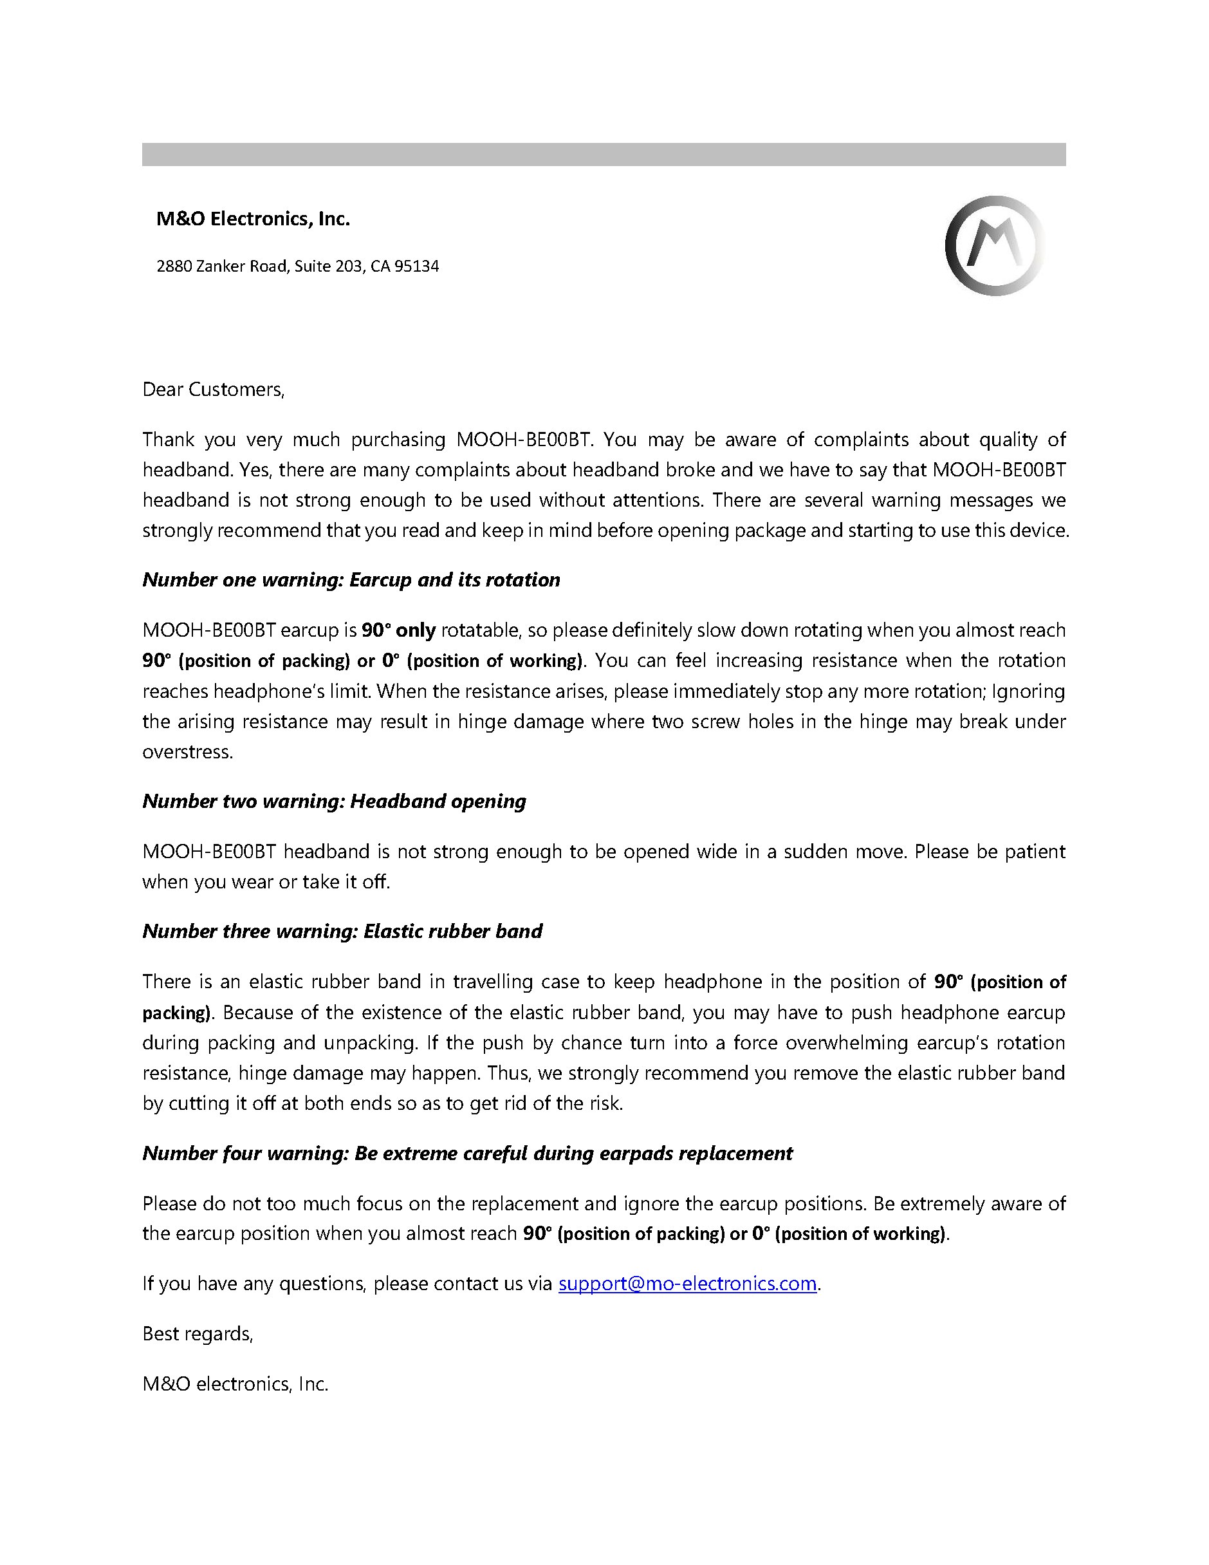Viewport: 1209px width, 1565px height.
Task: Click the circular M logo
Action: (994, 245)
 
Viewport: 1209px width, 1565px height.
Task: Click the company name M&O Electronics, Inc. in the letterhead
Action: (253, 220)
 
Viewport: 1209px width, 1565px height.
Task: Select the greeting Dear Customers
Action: (214, 390)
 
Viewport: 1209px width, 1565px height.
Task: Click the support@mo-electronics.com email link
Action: (687, 1284)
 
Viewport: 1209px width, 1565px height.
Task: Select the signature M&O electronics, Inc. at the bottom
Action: (235, 1383)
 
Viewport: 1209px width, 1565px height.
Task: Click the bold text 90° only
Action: (398, 631)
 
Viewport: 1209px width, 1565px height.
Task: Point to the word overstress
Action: (187, 753)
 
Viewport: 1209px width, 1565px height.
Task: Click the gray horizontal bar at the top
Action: (604, 155)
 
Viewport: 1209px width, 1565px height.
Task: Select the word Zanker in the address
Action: (221, 267)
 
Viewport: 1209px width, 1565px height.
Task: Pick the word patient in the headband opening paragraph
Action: (1032, 851)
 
